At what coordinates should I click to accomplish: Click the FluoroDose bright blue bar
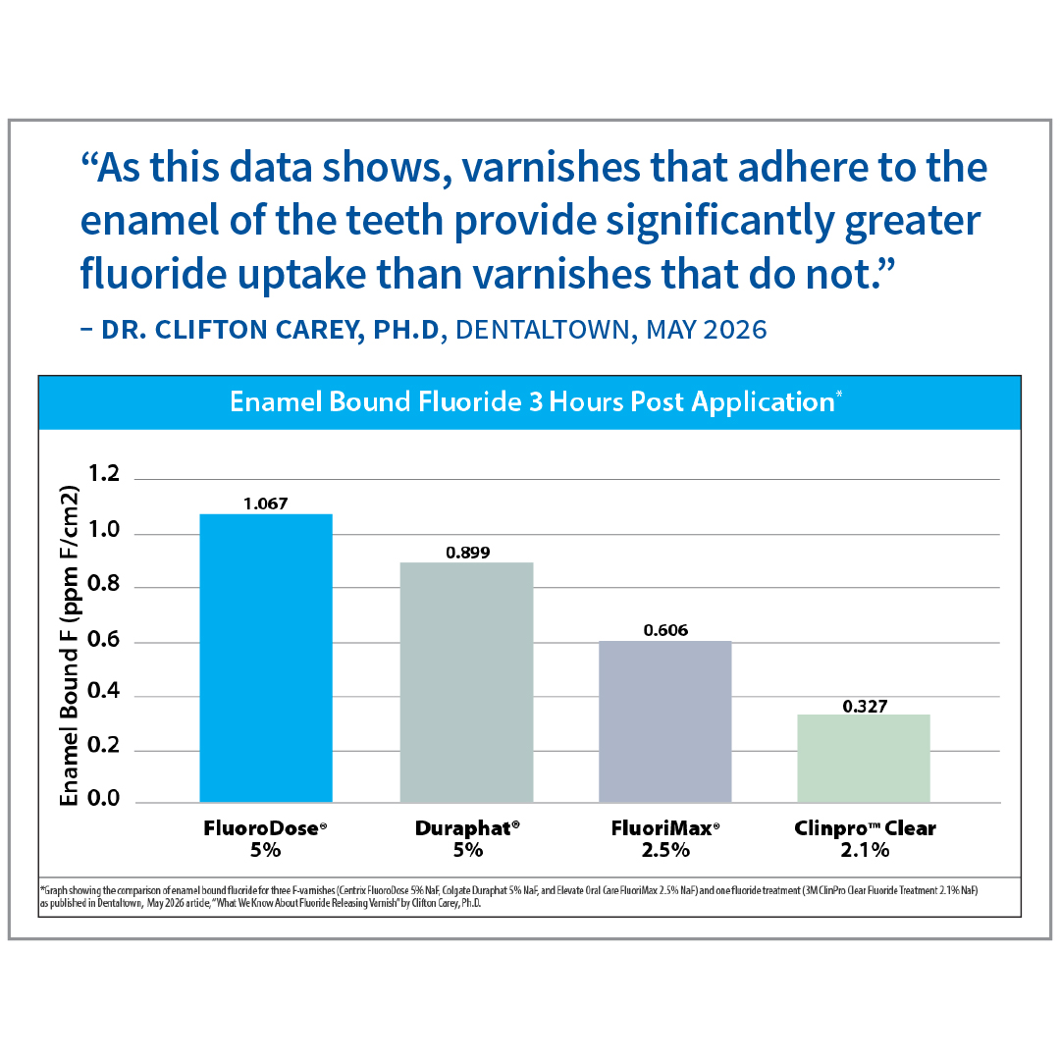[x=266, y=659]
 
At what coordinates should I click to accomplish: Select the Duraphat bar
[x=466, y=683]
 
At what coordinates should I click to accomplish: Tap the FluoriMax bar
[x=665, y=722]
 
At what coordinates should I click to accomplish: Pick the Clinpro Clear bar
[x=864, y=759]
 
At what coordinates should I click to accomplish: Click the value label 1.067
[x=266, y=503]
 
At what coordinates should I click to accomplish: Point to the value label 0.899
[x=468, y=553]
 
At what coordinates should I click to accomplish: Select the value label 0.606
[x=665, y=631]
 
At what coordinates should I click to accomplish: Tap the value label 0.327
[x=865, y=707]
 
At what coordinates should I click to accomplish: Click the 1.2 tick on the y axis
[x=103, y=473]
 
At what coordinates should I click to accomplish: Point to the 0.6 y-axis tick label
[x=103, y=639]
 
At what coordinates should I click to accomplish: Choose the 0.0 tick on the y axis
[x=103, y=798]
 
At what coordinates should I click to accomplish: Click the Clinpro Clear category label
[x=866, y=828]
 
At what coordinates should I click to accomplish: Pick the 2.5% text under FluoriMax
[x=665, y=850]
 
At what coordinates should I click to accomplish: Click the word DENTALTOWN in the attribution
[x=543, y=330]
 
